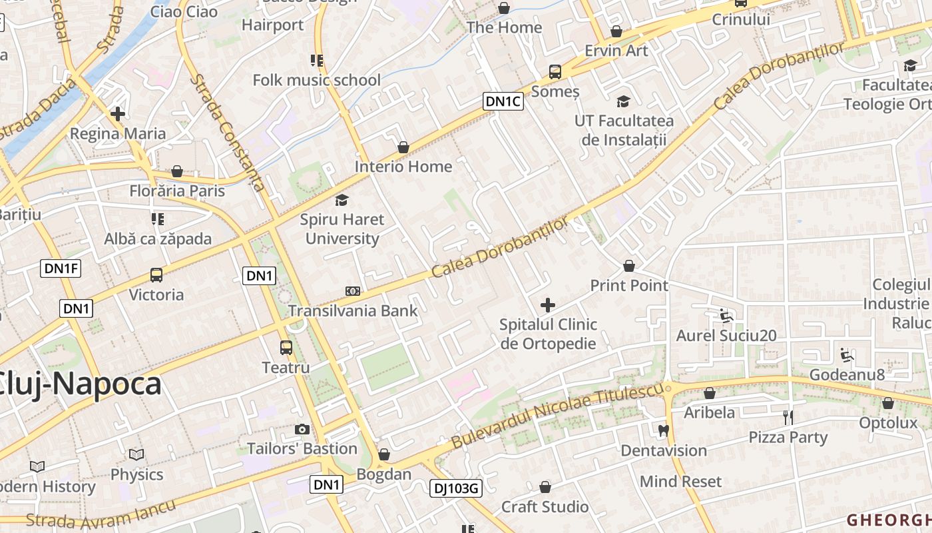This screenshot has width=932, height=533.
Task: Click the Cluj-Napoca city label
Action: [x=80, y=384]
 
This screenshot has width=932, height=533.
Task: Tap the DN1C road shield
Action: [x=503, y=101]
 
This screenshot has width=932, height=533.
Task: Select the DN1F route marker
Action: [x=61, y=268]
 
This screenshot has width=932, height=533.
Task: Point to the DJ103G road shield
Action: [x=455, y=488]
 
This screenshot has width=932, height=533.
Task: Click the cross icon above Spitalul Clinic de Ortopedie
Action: [x=548, y=305]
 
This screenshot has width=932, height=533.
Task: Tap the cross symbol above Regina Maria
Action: [x=118, y=114]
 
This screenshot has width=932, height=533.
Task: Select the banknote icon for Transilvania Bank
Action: [x=353, y=291]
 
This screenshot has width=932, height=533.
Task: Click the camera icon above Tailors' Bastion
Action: [x=302, y=430]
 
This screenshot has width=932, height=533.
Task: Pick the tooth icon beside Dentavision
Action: [x=663, y=430]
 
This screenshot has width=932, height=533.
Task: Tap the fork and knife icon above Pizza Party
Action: [x=788, y=418]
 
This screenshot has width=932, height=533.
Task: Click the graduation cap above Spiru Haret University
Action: [x=342, y=200]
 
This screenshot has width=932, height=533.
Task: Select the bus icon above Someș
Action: [x=555, y=72]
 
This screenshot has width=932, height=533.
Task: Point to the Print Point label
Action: [x=629, y=286]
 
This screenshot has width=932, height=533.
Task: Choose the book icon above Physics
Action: [x=136, y=455]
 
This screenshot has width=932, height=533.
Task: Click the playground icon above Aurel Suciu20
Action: [x=726, y=316]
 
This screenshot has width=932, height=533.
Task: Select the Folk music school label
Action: [x=317, y=81]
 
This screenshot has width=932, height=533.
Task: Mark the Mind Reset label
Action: [x=680, y=482]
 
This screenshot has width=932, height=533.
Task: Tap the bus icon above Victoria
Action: [x=156, y=275]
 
